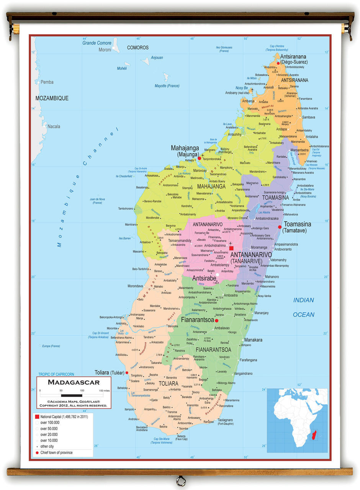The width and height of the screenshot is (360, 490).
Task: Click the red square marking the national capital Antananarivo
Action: (x=231, y=248)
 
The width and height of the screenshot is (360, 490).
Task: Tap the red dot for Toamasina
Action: (x=280, y=227)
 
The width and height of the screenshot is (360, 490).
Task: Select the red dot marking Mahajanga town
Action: (x=199, y=158)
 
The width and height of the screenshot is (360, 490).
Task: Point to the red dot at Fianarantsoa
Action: (x=216, y=320)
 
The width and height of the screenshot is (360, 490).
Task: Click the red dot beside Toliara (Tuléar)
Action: (x=127, y=372)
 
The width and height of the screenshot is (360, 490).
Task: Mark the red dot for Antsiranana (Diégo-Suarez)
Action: (x=278, y=64)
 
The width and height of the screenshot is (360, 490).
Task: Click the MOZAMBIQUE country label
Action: (x=52, y=98)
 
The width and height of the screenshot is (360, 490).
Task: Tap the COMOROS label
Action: (x=137, y=48)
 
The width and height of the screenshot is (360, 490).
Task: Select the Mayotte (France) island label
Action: (x=167, y=86)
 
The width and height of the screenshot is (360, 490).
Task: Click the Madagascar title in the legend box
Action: (x=74, y=382)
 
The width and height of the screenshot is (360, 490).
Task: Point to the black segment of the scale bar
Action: (x=72, y=395)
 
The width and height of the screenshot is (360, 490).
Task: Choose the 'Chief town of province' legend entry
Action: (x=56, y=452)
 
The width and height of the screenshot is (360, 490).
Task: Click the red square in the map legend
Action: (x=37, y=416)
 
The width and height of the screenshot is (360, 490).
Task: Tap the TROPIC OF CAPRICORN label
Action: (x=56, y=374)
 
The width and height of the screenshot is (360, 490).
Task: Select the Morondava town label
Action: (x=135, y=286)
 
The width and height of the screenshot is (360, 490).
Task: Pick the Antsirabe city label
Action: (x=204, y=278)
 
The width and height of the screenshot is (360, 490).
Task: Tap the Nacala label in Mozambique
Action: (x=54, y=126)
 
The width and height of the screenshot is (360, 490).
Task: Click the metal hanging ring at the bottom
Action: (x=180, y=481)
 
